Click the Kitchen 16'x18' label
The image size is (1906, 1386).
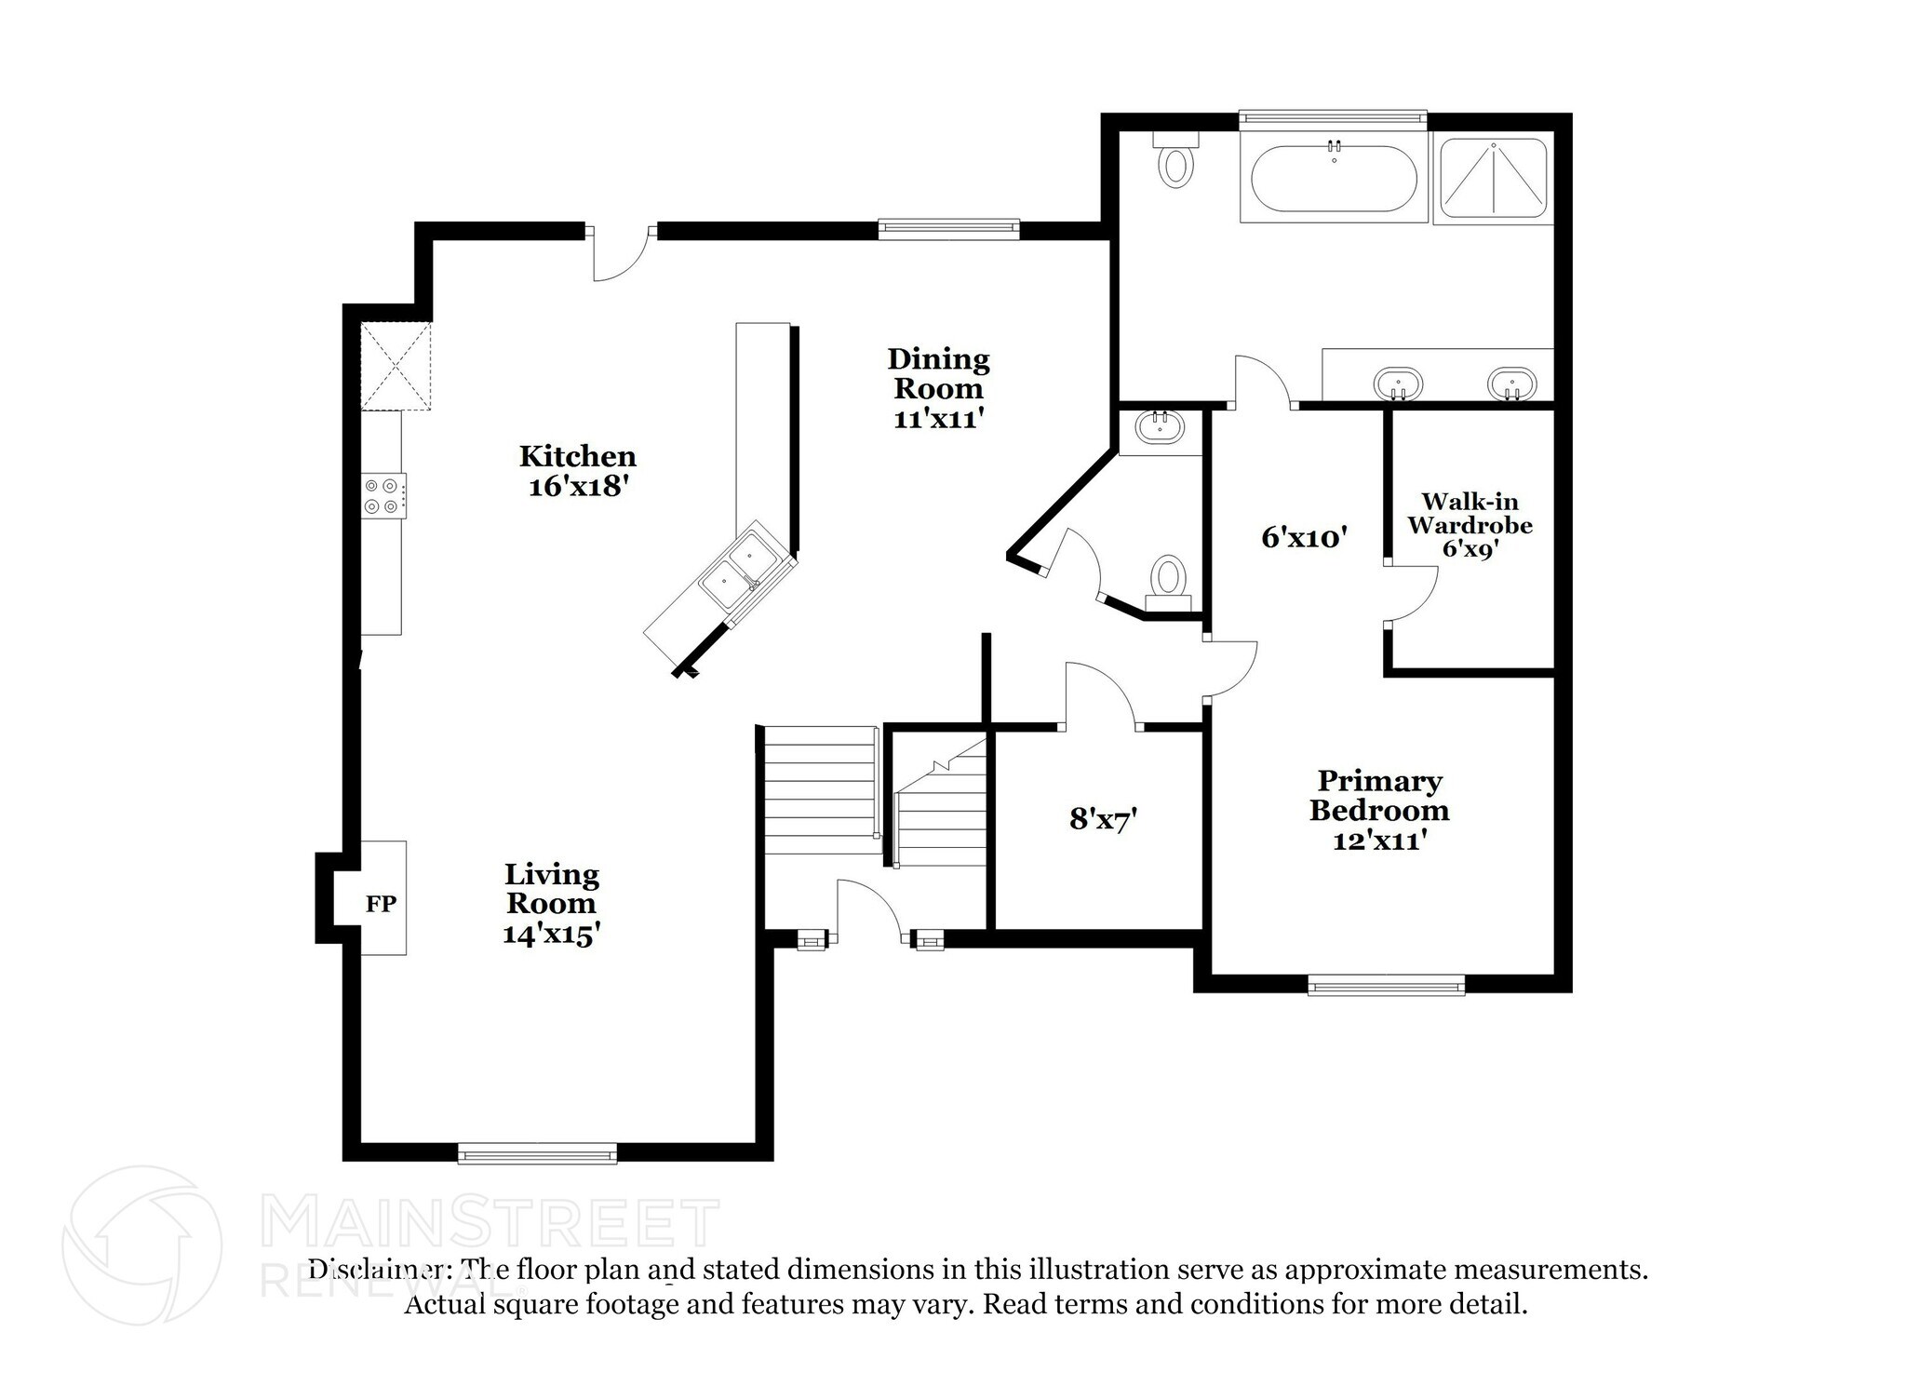click(x=578, y=471)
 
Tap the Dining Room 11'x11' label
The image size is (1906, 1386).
click(x=938, y=388)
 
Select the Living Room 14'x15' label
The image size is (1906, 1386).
click(x=551, y=904)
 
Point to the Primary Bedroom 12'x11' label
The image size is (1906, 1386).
click(x=1379, y=810)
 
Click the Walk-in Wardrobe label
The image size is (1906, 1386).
click(x=1470, y=514)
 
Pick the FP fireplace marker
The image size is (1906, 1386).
click(x=381, y=903)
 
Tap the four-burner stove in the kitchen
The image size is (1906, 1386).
click(x=383, y=495)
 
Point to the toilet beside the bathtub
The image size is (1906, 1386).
click(x=1176, y=160)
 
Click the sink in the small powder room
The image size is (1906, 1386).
click(x=1160, y=429)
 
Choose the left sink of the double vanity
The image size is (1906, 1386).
click(x=1398, y=384)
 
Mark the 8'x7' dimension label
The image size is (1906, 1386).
click(x=1104, y=819)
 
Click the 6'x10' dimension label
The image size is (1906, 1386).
click(x=1304, y=537)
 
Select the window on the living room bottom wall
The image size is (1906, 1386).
click(x=538, y=1152)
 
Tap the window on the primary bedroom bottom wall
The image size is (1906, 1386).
click(x=1387, y=984)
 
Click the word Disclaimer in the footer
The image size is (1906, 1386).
click(x=376, y=1270)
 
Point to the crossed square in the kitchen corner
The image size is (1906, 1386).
click(x=396, y=366)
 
